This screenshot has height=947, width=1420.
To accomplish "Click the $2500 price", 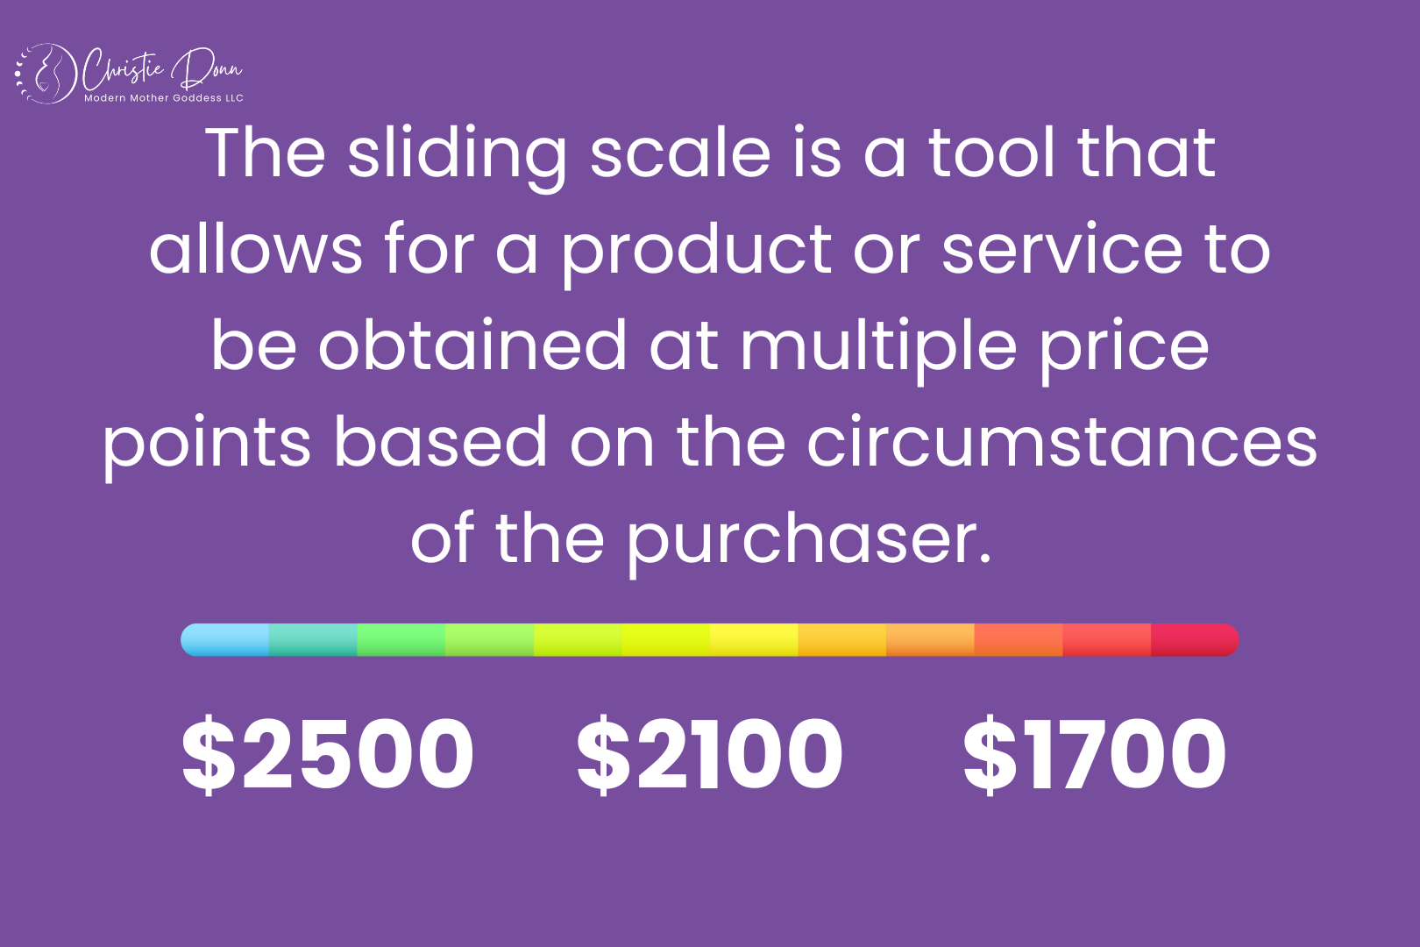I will [327, 754].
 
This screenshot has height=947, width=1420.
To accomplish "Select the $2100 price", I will [710, 754].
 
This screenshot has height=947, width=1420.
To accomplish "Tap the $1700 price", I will [1095, 754].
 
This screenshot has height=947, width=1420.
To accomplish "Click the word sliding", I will [457, 156].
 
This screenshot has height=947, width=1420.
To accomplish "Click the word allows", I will [255, 251].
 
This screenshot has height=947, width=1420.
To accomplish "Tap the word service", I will [1062, 251].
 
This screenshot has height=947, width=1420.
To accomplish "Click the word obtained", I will [472, 346].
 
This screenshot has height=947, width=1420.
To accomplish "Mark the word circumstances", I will [1061, 443].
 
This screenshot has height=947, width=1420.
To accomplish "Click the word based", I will [440, 443].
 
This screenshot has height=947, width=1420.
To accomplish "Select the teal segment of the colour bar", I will [313, 640].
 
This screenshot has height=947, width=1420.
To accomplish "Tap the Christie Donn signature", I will [162, 68].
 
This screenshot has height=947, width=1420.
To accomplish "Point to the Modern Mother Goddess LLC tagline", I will [164, 98].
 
